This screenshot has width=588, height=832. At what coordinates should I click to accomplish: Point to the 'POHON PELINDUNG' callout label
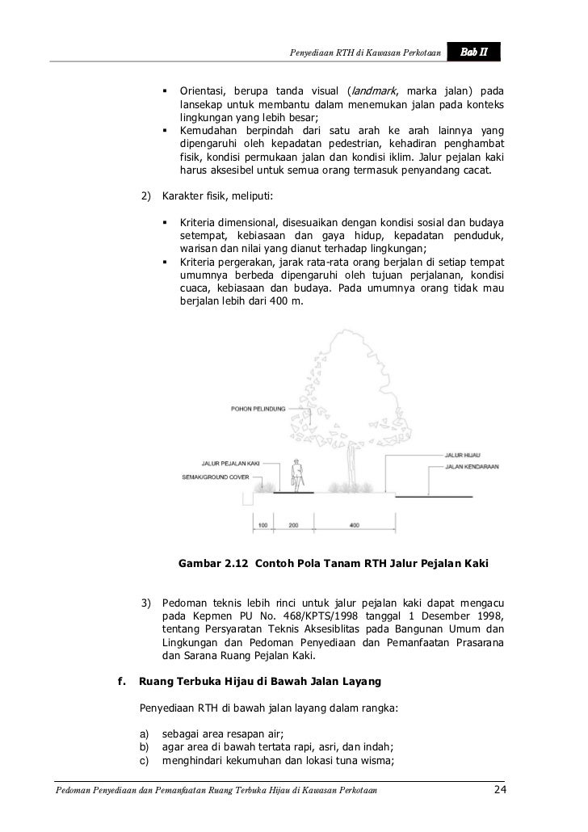pyautogui.click(x=258, y=408)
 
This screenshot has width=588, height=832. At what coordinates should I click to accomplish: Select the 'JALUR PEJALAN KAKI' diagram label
pyautogui.click(x=229, y=464)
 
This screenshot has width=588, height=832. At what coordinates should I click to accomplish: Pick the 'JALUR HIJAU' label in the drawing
pyautogui.click(x=463, y=456)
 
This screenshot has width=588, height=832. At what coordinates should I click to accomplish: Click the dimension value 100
pyautogui.click(x=263, y=526)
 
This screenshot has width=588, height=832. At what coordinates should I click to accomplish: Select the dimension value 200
pyautogui.click(x=293, y=526)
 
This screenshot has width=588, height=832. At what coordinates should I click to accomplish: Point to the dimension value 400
pyautogui.click(x=354, y=526)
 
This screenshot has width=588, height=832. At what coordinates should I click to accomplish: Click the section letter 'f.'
pyautogui.click(x=123, y=680)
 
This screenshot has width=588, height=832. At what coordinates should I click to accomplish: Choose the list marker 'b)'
pyautogui.click(x=145, y=747)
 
